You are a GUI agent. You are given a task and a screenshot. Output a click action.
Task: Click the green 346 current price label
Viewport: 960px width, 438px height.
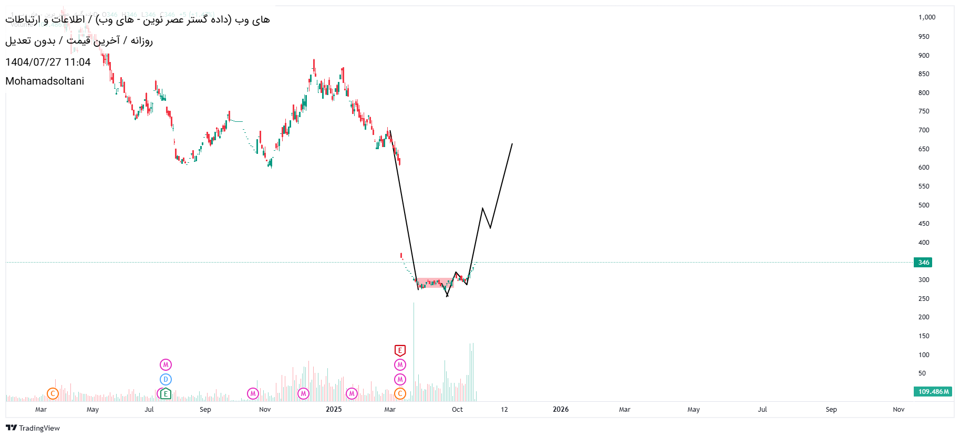[923, 262]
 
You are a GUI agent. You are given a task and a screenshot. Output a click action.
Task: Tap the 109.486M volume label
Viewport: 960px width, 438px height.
[933, 392]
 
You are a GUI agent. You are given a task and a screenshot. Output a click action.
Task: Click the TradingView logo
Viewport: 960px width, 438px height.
[33, 428]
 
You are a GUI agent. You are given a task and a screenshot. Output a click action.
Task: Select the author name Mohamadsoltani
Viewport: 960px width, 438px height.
[45, 81]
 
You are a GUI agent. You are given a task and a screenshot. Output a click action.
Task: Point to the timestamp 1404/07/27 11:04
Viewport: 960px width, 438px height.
[48, 62]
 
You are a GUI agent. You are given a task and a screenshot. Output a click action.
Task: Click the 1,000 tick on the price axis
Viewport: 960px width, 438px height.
[926, 17]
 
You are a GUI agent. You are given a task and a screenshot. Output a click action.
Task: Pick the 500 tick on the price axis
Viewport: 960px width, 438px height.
[924, 205]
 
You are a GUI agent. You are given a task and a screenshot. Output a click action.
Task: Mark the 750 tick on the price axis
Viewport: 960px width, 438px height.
[924, 111]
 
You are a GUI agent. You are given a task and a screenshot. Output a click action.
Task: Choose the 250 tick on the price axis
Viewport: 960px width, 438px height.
[924, 299]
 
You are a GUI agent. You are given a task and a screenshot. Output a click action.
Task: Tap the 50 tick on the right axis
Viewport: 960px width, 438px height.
[922, 373]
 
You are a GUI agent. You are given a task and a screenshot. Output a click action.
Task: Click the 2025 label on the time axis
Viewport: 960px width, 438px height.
[334, 409]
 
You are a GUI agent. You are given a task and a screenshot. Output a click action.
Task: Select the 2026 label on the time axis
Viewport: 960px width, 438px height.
[561, 409]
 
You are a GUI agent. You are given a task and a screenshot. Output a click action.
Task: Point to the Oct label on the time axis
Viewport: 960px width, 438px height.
[457, 409]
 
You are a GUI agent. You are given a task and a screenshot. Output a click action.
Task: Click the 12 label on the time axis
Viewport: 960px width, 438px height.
[504, 409]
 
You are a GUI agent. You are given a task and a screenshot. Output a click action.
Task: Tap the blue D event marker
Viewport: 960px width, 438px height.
[166, 379]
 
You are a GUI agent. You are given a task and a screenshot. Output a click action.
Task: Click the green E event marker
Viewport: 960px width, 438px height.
[166, 393]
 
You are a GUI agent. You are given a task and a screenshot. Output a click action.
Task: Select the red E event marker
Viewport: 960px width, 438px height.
[400, 350]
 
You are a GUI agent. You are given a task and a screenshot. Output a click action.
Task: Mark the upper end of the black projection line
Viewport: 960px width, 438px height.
[512, 144]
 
